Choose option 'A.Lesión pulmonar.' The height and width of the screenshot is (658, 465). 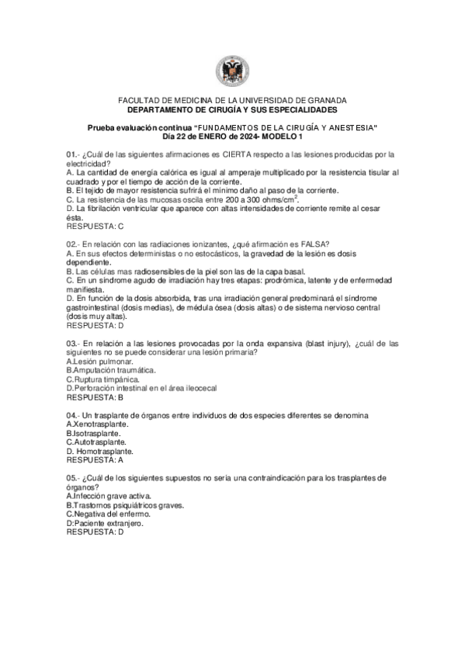coord(99,362)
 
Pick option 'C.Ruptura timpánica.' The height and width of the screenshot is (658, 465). coord(103,379)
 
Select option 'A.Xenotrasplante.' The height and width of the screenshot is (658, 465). coord(98,424)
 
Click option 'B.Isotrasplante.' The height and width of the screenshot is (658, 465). coord(94,433)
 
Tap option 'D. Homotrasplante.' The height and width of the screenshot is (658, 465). coord(99,451)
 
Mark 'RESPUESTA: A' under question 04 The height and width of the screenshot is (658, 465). coord(95,460)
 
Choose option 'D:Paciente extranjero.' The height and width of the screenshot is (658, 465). coord(107,523)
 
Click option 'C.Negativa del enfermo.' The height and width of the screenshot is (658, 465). coord(108,514)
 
